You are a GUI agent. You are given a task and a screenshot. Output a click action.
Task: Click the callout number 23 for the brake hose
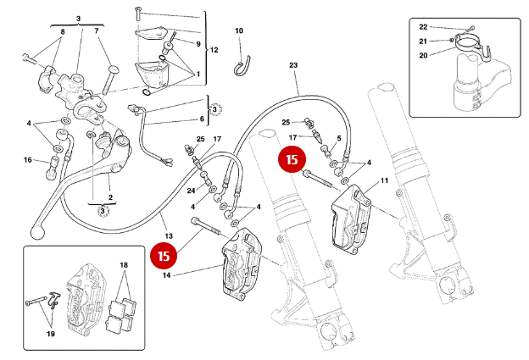[x=294, y=65]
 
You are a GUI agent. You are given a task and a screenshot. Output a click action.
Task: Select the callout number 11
[x=384, y=180]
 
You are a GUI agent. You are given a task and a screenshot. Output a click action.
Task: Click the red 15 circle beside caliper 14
[x=162, y=253]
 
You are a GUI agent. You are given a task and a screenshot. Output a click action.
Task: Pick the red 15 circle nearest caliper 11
[x=292, y=158]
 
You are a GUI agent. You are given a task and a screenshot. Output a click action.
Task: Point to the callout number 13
[x=168, y=235]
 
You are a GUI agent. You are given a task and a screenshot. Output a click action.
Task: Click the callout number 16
[x=27, y=159]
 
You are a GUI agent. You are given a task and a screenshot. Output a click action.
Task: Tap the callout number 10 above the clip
[x=239, y=31]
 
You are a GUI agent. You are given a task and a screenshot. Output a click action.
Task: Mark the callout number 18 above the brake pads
[x=125, y=266]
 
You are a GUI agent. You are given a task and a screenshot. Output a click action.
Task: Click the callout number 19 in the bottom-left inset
[x=50, y=335]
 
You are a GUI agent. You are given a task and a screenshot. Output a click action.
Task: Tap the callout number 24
[x=191, y=190]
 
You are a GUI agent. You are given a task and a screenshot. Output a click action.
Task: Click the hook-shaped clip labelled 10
[x=242, y=64]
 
